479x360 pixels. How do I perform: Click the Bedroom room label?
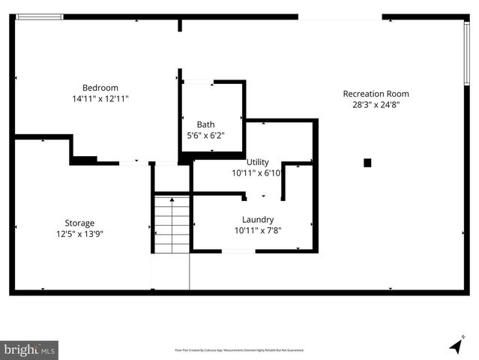coord(100,88)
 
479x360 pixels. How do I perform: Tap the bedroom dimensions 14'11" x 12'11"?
coord(100,99)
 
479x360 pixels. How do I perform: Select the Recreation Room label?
coord(376,94)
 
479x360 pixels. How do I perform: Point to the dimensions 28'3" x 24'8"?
coord(376,105)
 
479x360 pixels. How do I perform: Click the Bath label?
coord(205,124)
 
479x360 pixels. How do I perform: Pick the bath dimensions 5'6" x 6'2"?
coord(205,136)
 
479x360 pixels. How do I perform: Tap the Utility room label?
coord(257,162)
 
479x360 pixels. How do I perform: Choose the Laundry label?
coord(257,219)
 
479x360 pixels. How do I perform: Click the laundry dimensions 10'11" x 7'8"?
coord(257,230)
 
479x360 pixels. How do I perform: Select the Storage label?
coord(79,223)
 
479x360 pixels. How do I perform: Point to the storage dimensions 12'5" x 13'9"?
coord(79,234)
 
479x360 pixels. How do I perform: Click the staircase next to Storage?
coord(172,225)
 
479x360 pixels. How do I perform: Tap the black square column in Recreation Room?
coord(367,162)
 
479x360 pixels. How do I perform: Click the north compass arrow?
coord(456,345)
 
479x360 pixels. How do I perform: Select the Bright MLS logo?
coord(29,349)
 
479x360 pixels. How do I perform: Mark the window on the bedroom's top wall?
coord(40,17)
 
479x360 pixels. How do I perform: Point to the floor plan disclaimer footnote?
coord(239,350)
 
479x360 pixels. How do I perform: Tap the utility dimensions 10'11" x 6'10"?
coord(257,173)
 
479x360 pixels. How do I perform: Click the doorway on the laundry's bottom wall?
coord(239,251)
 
